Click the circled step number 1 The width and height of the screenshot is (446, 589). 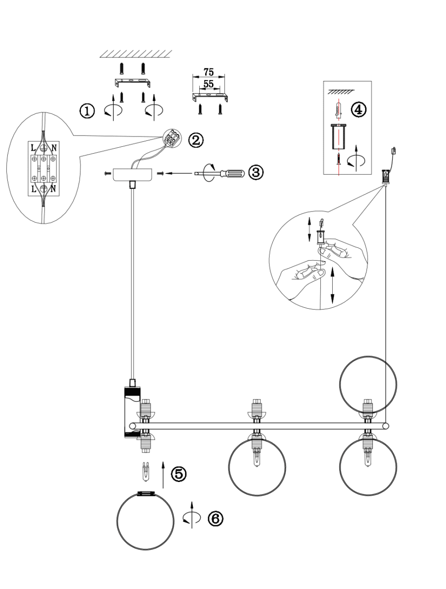[88, 111]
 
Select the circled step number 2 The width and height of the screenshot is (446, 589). [195, 140]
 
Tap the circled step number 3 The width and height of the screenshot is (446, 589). [256, 173]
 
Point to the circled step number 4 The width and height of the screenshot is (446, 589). [359, 109]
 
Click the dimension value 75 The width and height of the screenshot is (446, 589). [209, 71]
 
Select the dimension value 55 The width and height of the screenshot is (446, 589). [209, 84]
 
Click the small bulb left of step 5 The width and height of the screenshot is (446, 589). [146, 472]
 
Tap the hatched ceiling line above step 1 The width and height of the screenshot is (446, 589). [136, 54]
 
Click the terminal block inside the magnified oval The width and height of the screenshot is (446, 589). [43, 168]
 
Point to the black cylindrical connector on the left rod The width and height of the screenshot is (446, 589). [131, 412]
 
